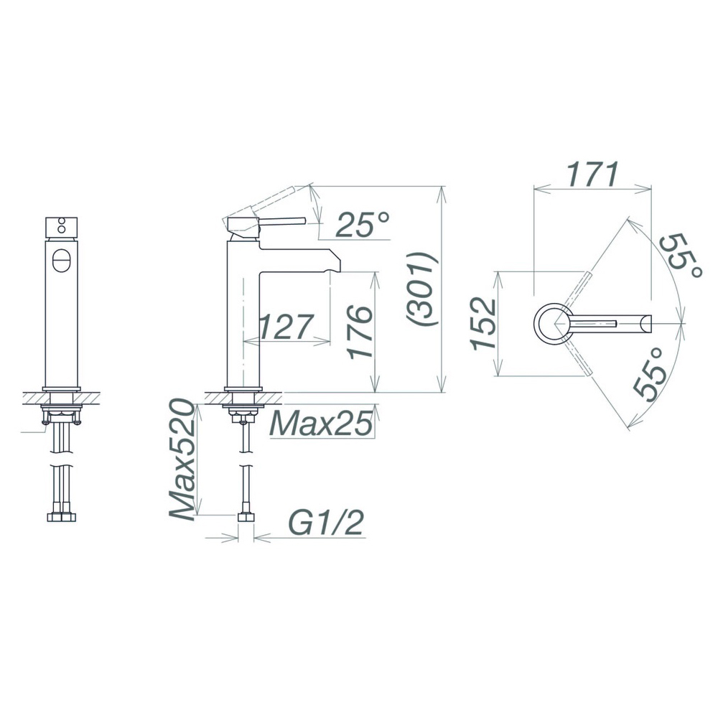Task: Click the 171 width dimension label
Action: coord(593,174)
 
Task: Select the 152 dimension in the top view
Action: coord(485,323)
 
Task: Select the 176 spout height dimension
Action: coord(360,332)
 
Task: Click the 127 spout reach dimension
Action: coord(286,327)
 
